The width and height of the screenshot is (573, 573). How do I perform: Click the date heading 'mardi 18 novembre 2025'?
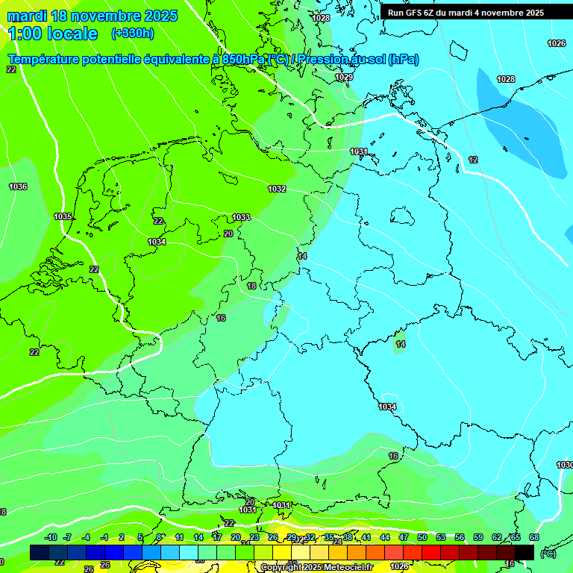[x=93, y=16]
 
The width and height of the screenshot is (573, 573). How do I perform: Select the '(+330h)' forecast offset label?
[x=132, y=34]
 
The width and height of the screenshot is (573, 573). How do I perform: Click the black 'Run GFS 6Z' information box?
[x=466, y=13]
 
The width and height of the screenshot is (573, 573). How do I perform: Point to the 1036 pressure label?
[x=18, y=187]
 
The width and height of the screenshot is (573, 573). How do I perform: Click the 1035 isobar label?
[x=63, y=216]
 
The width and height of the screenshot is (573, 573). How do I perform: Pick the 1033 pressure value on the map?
[x=241, y=217]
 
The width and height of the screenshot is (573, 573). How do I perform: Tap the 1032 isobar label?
[x=277, y=189]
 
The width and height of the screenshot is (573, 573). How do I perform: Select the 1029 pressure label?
[x=344, y=78]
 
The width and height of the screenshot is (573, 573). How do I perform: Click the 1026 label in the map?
[x=557, y=43]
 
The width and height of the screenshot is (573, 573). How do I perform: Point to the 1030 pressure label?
[x=565, y=465]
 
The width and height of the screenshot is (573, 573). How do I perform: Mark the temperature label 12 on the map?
[x=473, y=160]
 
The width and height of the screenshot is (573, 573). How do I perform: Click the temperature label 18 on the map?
[x=251, y=286]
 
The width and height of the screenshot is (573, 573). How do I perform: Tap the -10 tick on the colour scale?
[x=51, y=537]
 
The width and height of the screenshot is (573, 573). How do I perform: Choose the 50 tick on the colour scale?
[x=422, y=537]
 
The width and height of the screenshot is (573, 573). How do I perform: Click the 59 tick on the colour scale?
[x=478, y=537]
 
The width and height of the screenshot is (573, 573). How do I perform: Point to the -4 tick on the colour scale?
[x=86, y=537]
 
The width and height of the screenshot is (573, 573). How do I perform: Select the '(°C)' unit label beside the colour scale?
[x=548, y=553]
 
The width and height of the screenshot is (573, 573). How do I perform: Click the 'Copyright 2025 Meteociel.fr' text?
[x=316, y=567]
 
